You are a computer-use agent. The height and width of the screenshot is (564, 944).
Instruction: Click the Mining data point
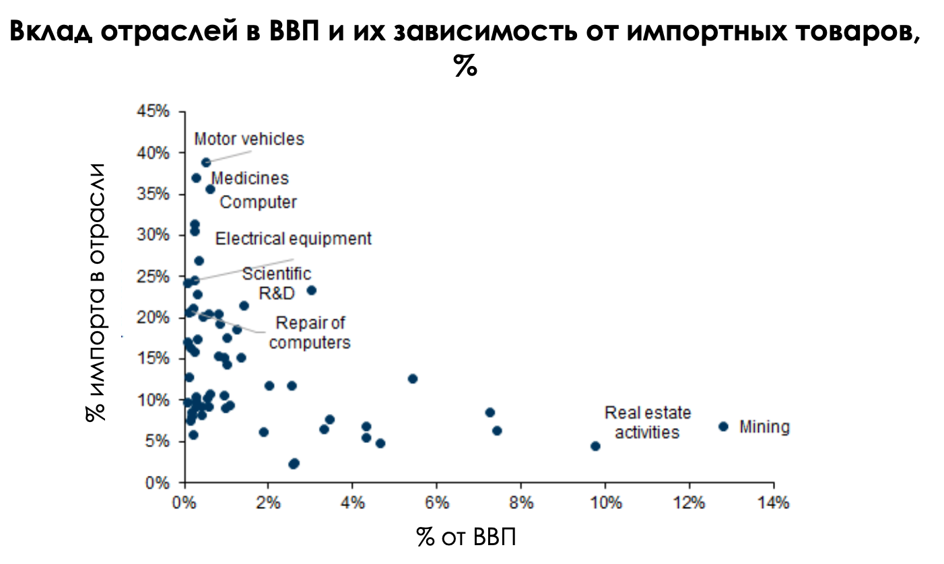723,426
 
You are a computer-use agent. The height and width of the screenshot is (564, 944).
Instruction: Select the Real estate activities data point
595,446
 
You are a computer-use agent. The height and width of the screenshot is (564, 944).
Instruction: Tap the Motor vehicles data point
206,162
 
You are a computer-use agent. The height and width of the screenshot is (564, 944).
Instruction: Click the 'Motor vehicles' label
249,139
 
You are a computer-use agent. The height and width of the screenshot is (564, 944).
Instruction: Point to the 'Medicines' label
250,178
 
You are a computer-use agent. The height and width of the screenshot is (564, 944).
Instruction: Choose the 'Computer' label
259,202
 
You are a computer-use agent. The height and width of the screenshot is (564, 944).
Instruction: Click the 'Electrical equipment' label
293,238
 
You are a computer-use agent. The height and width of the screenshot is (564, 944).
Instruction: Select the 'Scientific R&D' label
277,283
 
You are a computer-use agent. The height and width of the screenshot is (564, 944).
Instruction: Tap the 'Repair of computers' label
310,332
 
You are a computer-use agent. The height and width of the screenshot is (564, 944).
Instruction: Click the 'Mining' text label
764,427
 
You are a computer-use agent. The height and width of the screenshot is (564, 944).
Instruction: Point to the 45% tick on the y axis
154,112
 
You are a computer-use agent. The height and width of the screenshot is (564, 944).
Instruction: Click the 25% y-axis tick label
154,277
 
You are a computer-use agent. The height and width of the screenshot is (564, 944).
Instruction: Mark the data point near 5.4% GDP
413,378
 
